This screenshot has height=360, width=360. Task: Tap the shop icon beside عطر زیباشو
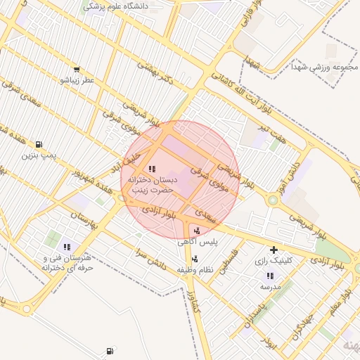tap(76, 70)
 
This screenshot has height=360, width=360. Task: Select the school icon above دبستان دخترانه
tap(152, 169)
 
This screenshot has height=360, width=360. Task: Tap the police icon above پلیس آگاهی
tap(196, 231)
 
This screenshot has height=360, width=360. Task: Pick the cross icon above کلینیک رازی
tap(274, 250)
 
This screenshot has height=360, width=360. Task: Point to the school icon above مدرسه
tap(270, 276)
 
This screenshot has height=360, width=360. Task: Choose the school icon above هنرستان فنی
tap(67, 247)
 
